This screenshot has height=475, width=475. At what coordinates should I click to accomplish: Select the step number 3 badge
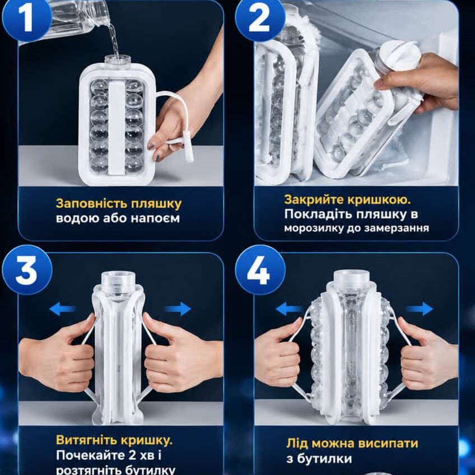[x=27, y=269]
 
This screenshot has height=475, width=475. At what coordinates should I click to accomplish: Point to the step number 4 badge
[x=260, y=269]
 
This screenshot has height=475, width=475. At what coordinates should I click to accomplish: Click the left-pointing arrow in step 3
[x=62, y=309]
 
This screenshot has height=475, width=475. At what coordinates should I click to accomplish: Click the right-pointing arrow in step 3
[x=178, y=309]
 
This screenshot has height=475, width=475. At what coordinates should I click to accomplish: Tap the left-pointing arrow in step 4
[x=289, y=309]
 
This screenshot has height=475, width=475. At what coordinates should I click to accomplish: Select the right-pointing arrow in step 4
[x=420, y=309]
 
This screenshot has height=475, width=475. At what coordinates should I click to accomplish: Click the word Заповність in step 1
[x=91, y=203]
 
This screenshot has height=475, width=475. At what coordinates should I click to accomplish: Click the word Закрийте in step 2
[x=314, y=199]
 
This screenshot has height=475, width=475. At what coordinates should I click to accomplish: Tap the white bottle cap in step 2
[x=401, y=57]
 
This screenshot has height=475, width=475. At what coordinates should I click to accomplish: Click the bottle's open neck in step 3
[x=118, y=281]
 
